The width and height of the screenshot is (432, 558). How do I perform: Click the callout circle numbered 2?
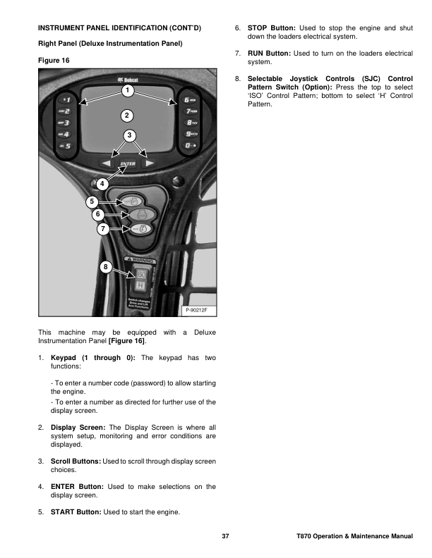(x=126, y=115)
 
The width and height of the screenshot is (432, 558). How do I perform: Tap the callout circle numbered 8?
(x=106, y=266)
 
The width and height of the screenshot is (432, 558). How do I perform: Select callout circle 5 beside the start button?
(x=92, y=201)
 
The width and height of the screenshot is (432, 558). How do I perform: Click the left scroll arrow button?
(x=105, y=163)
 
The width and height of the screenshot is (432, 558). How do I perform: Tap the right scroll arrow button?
(x=149, y=163)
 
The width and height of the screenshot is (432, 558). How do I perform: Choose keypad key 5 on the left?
(x=65, y=146)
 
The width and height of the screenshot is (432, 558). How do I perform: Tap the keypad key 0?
(x=189, y=145)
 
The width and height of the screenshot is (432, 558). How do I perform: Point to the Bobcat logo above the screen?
(x=128, y=80)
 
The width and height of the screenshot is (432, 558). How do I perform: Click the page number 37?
(x=226, y=538)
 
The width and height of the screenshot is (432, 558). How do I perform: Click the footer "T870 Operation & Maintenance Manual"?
(x=354, y=538)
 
